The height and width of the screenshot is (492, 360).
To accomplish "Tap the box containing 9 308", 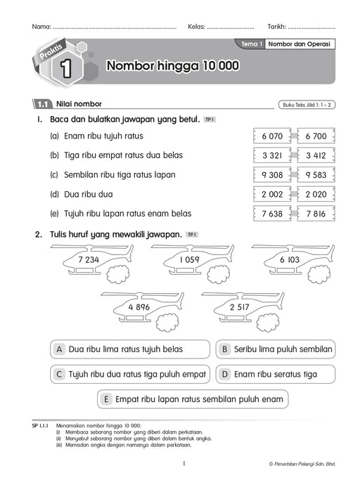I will [271, 174].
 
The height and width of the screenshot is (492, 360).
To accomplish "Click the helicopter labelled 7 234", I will [90, 261].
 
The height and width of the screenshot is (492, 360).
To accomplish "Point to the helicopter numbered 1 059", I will [190, 261].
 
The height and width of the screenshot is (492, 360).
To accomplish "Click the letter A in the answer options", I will [60, 349].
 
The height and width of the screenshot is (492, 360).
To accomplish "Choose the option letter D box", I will [225, 374].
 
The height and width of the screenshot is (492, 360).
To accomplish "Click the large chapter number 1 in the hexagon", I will [65, 67].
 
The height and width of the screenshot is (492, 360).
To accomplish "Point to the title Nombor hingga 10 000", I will [172, 67].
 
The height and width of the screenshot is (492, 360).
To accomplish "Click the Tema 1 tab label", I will [251, 44].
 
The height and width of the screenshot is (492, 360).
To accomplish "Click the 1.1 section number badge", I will [41, 105].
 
